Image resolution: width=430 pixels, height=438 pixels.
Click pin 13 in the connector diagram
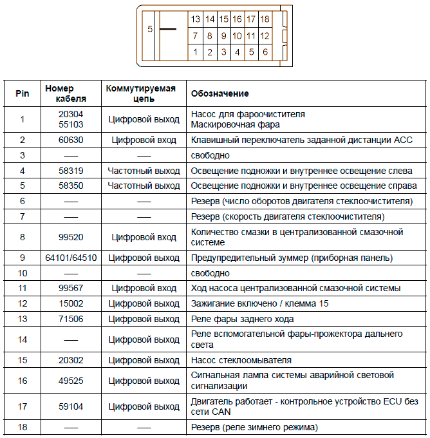196,19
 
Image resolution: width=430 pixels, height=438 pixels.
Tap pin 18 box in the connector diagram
265,19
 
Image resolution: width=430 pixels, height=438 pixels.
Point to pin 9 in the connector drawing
223,36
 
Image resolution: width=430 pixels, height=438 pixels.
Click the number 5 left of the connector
149,30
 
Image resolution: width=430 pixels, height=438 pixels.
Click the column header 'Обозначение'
220,93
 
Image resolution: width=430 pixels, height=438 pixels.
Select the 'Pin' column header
23,93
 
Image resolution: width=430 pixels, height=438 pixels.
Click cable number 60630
71,140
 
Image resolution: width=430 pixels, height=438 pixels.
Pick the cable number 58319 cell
71,171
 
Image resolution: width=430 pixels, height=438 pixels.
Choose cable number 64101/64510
71,258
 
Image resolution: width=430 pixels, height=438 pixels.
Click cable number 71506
71,319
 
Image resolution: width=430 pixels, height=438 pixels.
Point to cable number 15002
71,303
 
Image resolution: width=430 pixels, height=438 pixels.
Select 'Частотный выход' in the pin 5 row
144,186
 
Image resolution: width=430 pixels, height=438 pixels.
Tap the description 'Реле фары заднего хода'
243,319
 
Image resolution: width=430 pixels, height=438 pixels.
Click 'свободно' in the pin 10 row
210,273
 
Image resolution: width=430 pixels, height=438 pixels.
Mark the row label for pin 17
23,406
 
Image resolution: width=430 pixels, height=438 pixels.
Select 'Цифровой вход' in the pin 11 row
144,288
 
